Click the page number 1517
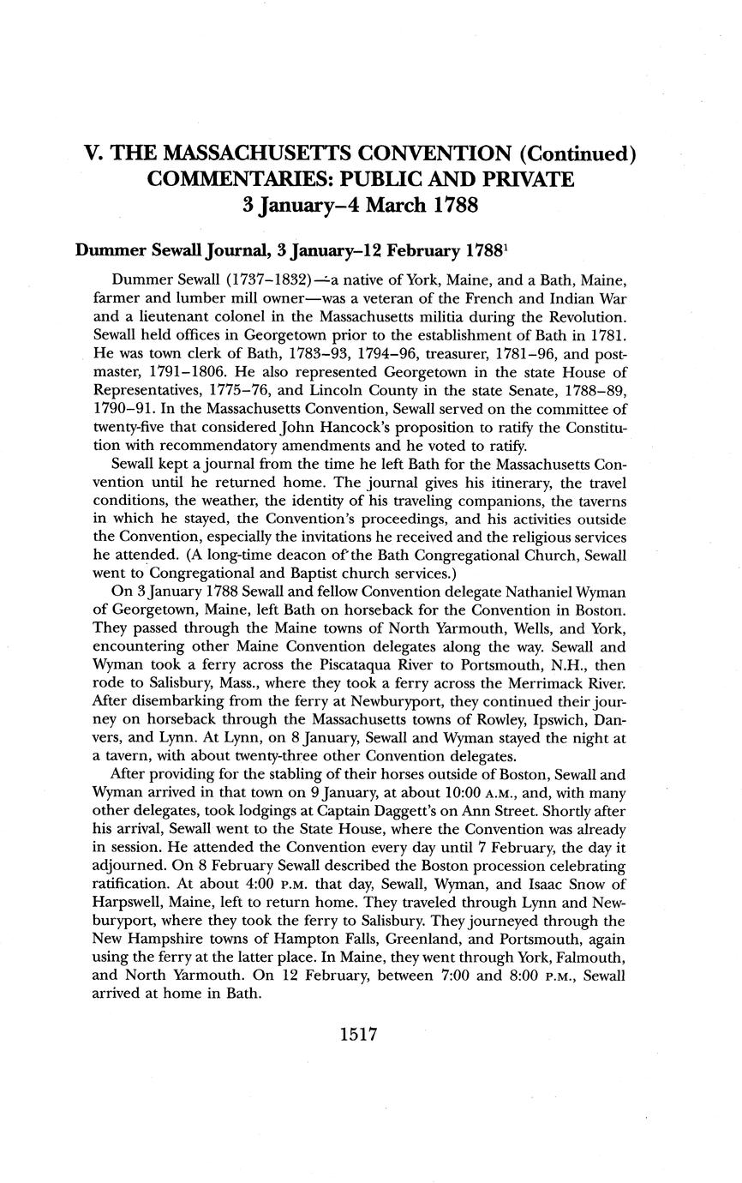point(358,1035)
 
